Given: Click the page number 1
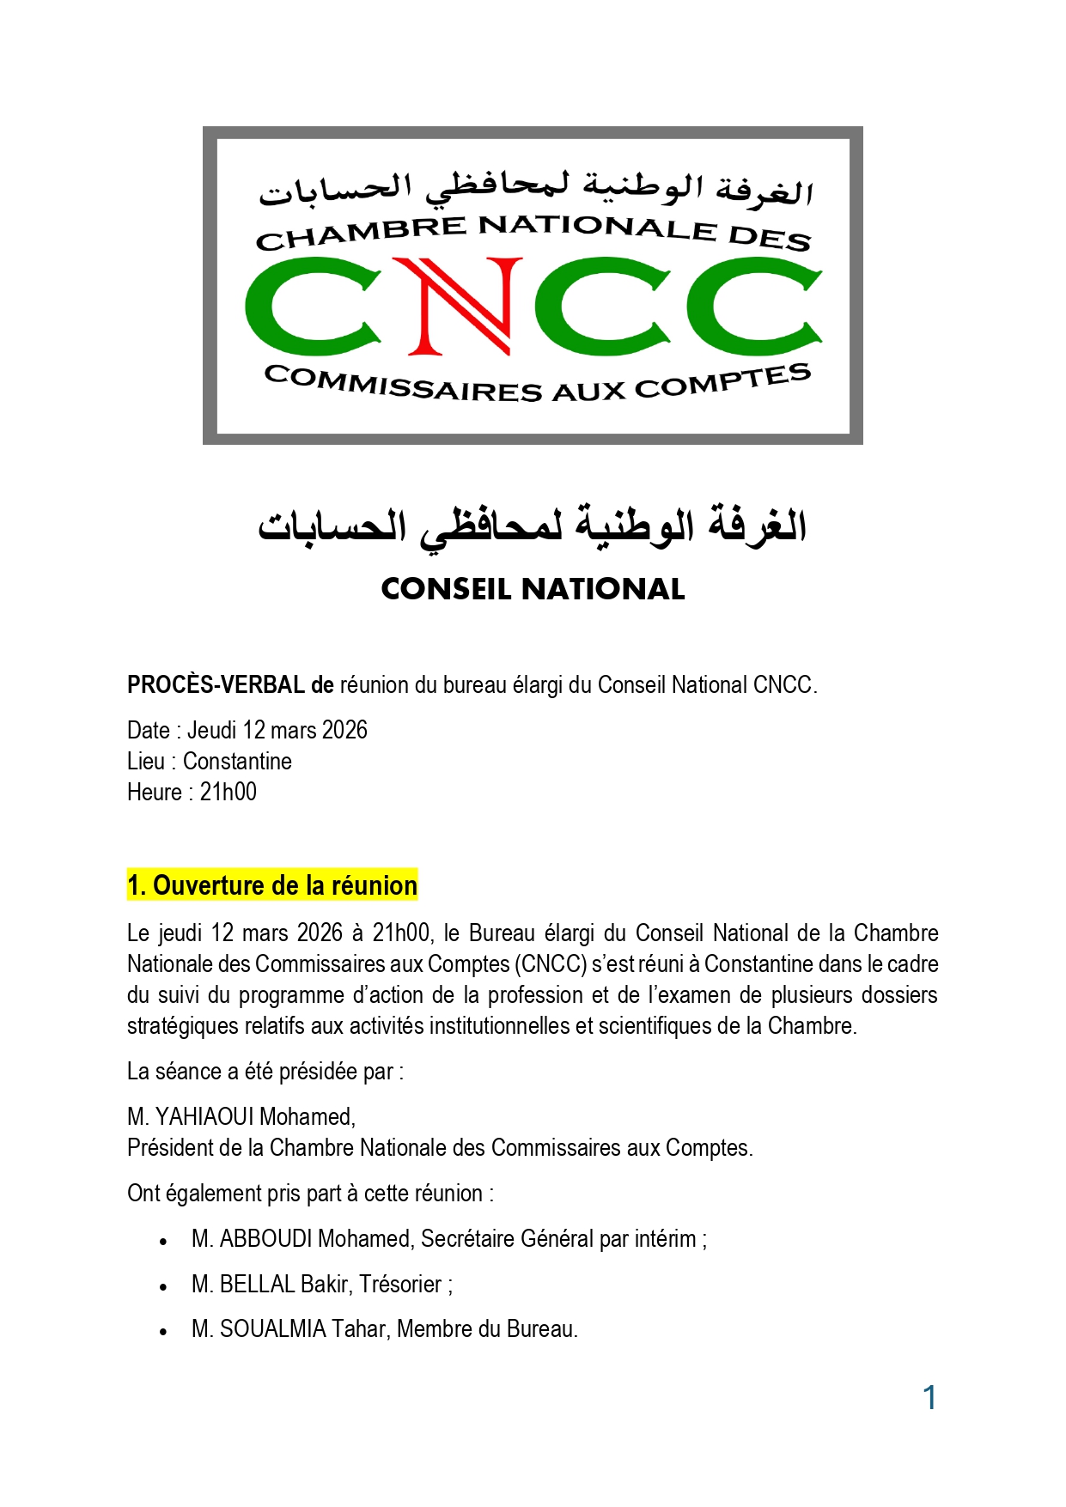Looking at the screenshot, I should coord(929,1398).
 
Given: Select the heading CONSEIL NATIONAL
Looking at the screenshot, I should coord(533,589).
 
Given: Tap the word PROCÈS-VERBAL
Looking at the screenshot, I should coord(216,685).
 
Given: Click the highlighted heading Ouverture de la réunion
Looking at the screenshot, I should coord(272,885).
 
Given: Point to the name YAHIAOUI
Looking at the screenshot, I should coord(204,1117).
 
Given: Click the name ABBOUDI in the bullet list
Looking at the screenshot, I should coord(265,1239).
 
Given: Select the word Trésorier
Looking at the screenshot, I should coord(400,1285).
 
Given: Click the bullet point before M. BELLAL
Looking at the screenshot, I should coord(163,1286).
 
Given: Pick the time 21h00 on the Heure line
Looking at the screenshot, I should coord(228,793).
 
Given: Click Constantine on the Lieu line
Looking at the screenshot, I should coord(237,762).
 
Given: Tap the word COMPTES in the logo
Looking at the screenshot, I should coord(723,383).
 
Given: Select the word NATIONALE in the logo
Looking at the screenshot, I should coord(597,228).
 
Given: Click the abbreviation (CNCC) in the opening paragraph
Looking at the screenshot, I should coord(551,964).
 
